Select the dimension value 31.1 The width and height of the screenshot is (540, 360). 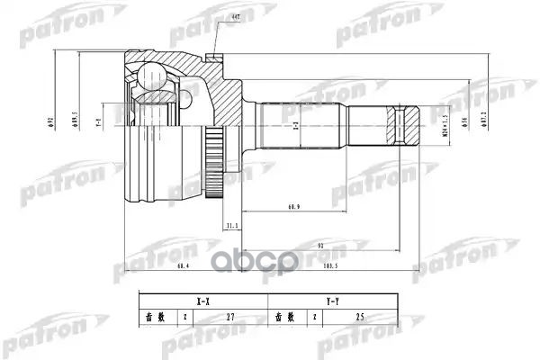tap(232, 225)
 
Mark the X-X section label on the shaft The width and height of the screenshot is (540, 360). tap(295, 130)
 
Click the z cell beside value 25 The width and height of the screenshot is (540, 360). tap(314, 318)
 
